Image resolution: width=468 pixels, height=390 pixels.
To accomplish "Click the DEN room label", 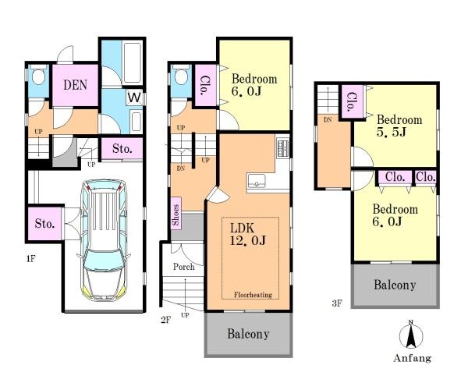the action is [x=75, y=85].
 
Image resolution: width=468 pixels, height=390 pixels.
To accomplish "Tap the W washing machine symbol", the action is [x=134, y=97].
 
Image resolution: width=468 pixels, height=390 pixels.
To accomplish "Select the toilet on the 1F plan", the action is [x=38, y=75].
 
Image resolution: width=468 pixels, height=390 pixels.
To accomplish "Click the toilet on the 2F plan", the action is [x=181, y=75].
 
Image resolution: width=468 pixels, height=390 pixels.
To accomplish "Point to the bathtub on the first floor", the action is [x=132, y=63].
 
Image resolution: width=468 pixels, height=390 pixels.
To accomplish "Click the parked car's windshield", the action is [x=103, y=262].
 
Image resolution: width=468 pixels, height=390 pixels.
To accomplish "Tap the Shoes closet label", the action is [x=175, y=214].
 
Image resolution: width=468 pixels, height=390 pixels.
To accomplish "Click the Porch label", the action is [x=184, y=267].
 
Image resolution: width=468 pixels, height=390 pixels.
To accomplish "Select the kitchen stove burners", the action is [x=282, y=147].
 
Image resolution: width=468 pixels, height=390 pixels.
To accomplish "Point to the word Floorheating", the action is [x=253, y=295].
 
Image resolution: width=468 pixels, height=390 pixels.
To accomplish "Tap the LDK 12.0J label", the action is [x=248, y=235].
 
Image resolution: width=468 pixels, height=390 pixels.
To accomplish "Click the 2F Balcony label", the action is [x=248, y=334].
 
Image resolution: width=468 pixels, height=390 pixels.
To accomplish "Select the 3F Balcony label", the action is [x=395, y=285].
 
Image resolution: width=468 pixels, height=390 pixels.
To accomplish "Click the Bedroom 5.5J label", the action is [x=399, y=126].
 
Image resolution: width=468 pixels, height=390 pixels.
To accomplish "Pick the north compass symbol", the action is [x=411, y=335].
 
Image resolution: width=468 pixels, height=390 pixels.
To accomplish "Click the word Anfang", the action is [x=412, y=358].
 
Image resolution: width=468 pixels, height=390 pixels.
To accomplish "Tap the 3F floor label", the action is [x=337, y=303].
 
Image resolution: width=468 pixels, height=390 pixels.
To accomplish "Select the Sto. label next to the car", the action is [x=44, y=223].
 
